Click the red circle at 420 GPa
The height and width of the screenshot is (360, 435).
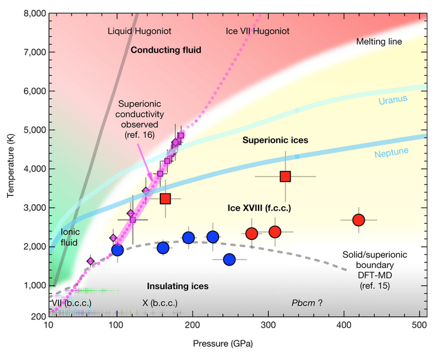point(358,220)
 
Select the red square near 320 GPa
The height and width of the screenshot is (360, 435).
point(286,177)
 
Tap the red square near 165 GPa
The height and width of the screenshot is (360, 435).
point(166,198)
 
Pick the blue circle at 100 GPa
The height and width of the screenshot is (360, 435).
point(118,250)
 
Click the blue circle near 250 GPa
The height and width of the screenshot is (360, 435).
point(229,260)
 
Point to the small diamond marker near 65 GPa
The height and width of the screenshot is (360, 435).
point(91,261)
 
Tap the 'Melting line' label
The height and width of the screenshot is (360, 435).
point(379,42)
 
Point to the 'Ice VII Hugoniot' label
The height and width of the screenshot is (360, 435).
point(257,30)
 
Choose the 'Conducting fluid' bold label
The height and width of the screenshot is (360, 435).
point(166,50)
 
